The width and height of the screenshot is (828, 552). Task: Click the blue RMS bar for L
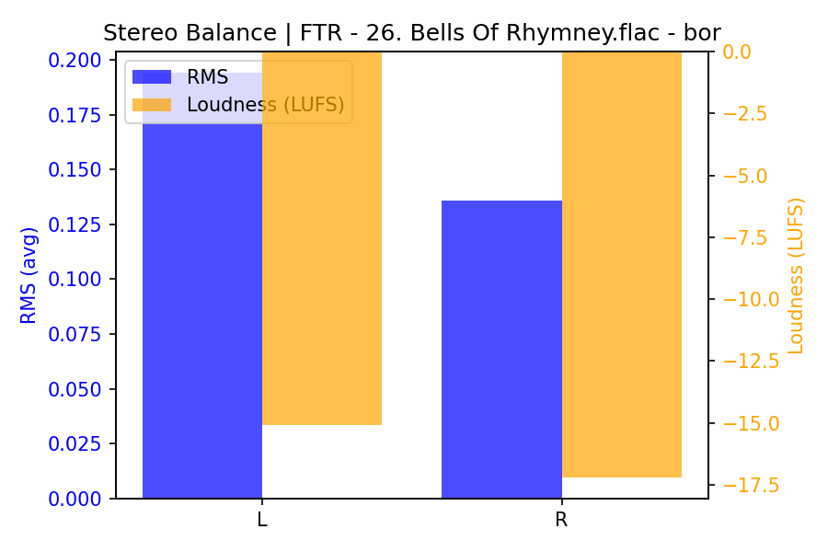[x=202, y=304]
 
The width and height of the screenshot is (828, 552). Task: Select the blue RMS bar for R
[x=501, y=350]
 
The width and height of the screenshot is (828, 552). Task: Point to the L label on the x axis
[x=262, y=520]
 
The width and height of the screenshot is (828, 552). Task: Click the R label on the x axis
[x=561, y=520]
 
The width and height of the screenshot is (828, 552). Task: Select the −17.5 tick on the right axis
[x=750, y=485]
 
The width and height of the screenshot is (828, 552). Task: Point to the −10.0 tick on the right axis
[x=750, y=299]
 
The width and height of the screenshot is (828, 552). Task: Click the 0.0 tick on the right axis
[x=736, y=52]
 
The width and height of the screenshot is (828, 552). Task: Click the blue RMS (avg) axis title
[x=29, y=275]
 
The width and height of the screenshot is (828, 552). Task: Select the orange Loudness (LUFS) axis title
[x=797, y=275]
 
